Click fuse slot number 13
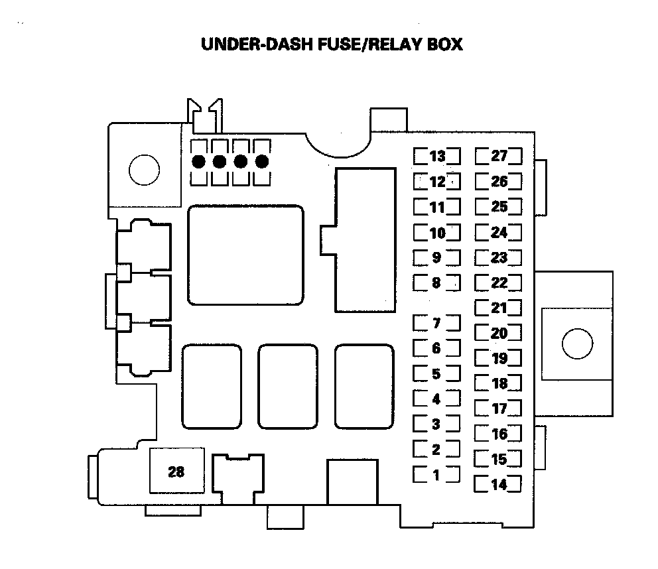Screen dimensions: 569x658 tap(437, 157)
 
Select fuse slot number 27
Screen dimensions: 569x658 tap(499, 157)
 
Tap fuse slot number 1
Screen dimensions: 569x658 tap(436, 475)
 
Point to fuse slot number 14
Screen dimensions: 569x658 tap(499, 485)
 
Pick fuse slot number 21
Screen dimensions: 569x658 tap(499, 308)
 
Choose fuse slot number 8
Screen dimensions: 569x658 tap(436, 283)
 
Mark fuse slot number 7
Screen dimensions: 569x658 tap(436, 324)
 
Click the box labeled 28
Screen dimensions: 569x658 tap(176, 472)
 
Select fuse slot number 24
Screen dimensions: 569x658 tap(499, 232)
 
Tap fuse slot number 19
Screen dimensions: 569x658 tap(499, 358)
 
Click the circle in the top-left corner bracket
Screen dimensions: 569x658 tap(144, 171)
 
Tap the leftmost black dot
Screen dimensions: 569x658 tap(198, 161)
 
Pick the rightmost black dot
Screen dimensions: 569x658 tap(261, 161)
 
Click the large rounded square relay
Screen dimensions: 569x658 tap(245, 255)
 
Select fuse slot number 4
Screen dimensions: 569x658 tap(436, 399)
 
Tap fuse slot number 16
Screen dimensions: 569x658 tap(499, 434)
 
